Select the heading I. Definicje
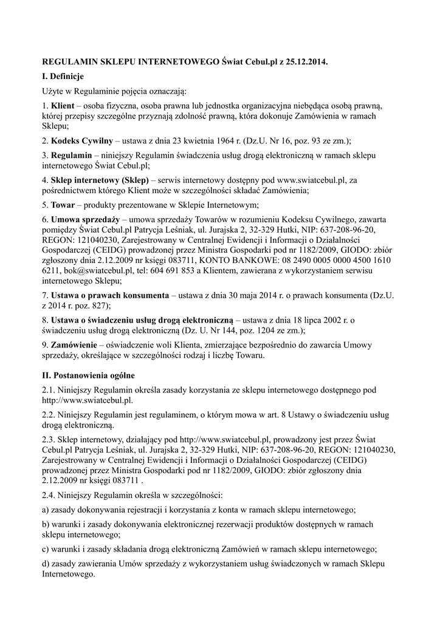(63, 77)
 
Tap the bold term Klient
(63, 106)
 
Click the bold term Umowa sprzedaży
(86, 219)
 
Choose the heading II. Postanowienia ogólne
(88, 375)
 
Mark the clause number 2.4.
(49, 495)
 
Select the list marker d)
(46, 564)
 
